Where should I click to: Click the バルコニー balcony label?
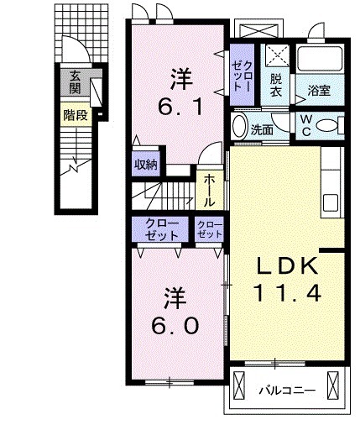click(286, 389)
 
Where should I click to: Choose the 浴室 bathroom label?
click(319, 90)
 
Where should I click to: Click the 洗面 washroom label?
click(263, 130)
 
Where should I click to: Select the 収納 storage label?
click(146, 165)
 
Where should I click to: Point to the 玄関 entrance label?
click(76, 82)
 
